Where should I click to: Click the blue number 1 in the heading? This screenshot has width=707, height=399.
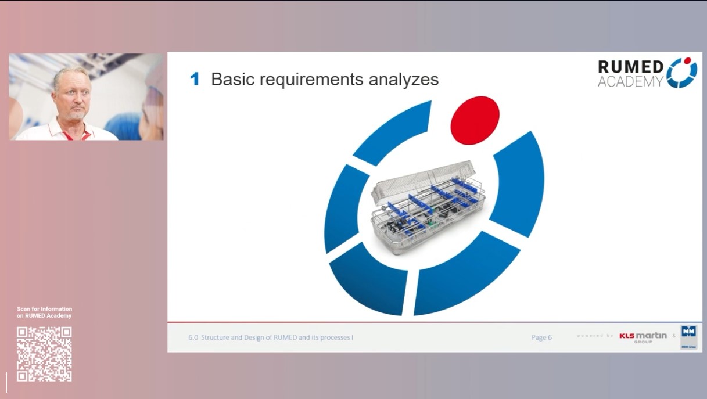click(x=195, y=80)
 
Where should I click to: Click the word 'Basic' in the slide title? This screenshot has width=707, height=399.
click(x=234, y=79)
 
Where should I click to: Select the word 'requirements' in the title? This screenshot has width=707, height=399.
click(x=311, y=80)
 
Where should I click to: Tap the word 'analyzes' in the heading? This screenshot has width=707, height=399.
click(x=403, y=80)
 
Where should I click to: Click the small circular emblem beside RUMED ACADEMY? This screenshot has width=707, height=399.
click(x=681, y=73)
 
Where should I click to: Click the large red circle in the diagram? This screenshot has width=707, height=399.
click(x=475, y=120)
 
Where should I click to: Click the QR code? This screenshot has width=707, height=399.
click(x=44, y=354)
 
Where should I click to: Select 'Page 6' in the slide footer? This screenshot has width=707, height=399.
click(x=541, y=337)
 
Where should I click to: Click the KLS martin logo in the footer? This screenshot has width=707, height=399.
click(x=643, y=337)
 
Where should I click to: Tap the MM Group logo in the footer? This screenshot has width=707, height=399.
click(x=688, y=337)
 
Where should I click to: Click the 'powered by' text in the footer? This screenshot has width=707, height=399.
click(x=595, y=336)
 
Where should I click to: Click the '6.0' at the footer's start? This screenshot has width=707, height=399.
click(x=193, y=337)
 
